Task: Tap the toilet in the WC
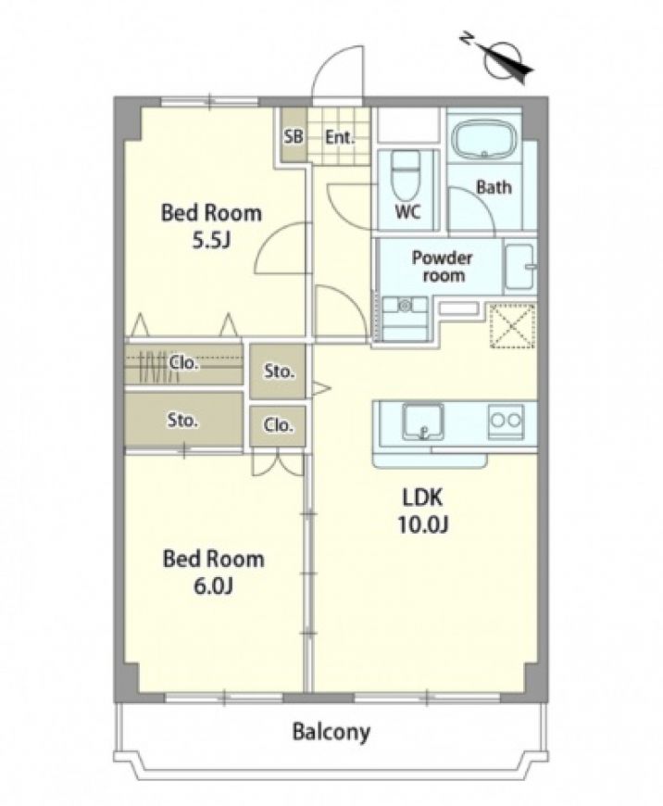pyautogui.click(x=406, y=175)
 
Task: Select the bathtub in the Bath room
pyautogui.click(x=483, y=139)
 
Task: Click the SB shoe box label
pyautogui.click(x=294, y=137)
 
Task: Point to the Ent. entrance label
pyautogui.click(x=340, y=137)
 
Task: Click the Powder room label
pyautogui.click(x=443, y=266)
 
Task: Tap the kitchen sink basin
pyautogui.click(x=422, y=422)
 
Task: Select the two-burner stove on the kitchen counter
pyautogui.click(x=506, y=421)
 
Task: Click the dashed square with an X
pyautogui.click(x=512, y=325)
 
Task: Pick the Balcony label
pyautogui.click(x=331, y=731)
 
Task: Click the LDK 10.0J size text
pyautogui.click(x=422, y=524)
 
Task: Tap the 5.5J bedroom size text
pyautogui.click(x=211, y=240)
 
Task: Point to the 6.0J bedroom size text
pyautogui.click(x=213, y=586)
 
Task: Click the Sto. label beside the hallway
pyautogui.click(x=279, y=372)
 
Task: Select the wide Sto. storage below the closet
pyautogui.click(x=183, y=420)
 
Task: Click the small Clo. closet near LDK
pyautogui.click(x=278, y=425)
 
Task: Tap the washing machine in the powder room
pyautogui.click(x=405, y=318)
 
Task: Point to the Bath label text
pyautogui.click(x=494, y=186)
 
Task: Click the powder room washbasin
pyautogui.click(x=520, y=266)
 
